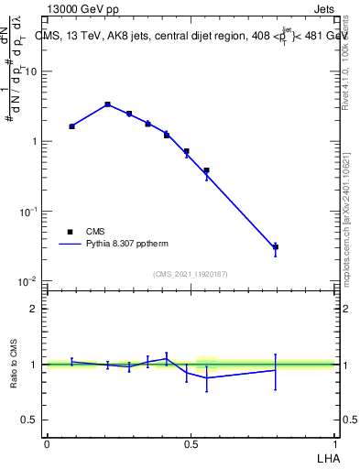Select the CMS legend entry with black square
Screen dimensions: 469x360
[x=84, y=232]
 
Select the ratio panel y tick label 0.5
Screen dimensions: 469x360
[x=29, y=420]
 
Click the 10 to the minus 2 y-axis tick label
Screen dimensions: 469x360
[x=27, y=280]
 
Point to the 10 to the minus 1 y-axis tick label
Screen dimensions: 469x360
[x=27, y=211]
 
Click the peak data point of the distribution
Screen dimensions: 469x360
[x=107, y=104]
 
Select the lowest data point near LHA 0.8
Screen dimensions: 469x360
[x=276, y=246]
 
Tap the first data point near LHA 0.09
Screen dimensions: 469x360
[x=71, y=126]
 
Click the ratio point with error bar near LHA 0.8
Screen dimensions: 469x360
[x=276, y=370]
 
